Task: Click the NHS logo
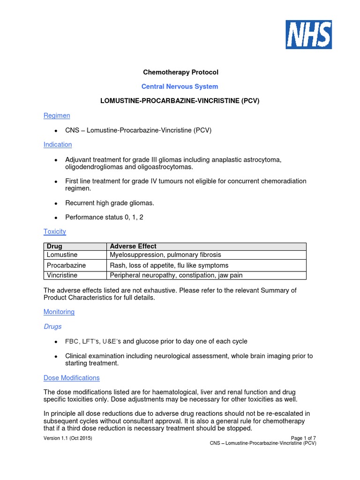(x=309, y=34)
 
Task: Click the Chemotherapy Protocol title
(x=180, y=72)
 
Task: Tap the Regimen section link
(x=57, y=115)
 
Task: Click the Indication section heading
(x=58, y=144)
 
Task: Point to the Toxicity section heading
(x=55, y=232)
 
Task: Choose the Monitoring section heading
(x=59, y=312)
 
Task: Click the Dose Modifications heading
(x=72, y=378)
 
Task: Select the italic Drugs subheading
(x=52, y=326)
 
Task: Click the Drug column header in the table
(x=54, y=247)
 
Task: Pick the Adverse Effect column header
(x=133, y=247)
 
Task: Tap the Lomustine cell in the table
(x=62, y=255)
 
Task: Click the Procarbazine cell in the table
(x=66, y=265)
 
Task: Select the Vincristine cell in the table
(x=62, y=276)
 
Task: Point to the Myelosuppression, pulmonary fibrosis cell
(x=165, y=255)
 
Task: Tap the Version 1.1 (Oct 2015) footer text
(x=67, y=438)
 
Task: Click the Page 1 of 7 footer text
(x=304, y=438)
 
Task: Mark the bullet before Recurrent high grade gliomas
(x=56, y=203)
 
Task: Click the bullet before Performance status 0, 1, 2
(x=56, y=218)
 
